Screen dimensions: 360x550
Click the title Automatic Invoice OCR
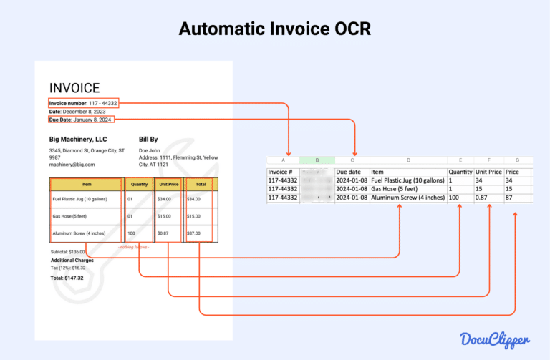click(275, 29)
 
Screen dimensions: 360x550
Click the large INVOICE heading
click(74, 88)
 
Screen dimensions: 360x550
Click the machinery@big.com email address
click(72, 164)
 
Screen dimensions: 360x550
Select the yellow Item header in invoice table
click(86, 184)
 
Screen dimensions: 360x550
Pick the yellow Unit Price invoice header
click(168, 184)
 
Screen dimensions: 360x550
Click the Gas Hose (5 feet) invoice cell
click(69, 216)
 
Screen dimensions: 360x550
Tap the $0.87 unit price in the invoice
click(163, 234)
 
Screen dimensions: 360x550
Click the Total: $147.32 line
click(67, 278)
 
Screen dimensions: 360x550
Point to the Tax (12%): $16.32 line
click(68, 268)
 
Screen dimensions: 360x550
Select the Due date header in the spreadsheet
click(349, 172)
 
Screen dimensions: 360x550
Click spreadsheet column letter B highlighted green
click(317, 160)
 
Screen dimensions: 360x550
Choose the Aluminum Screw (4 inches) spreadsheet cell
click(407, 198)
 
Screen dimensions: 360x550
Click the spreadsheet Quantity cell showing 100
click(455, 198)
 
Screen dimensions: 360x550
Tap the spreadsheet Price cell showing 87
click(510, 198)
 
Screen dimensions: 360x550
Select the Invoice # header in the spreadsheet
click(280, 172)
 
